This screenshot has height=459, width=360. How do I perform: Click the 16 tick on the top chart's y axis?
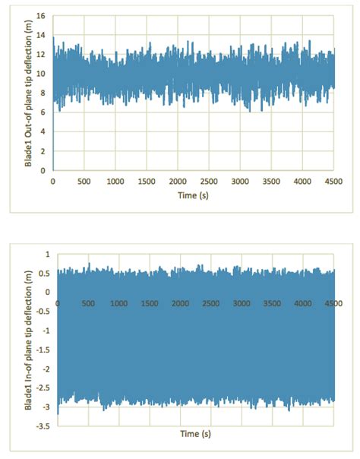[43, 16]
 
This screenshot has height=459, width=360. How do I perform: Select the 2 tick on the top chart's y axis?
[44, 151]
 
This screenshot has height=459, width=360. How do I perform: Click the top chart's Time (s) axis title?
[193, 195]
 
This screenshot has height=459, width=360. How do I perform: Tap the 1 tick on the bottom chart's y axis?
[47, 253]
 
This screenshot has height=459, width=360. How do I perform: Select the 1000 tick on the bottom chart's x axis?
[119, 304]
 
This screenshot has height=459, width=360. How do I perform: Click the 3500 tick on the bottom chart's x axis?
[273, 304]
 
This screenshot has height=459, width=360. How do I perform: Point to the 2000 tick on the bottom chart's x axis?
[181, 304]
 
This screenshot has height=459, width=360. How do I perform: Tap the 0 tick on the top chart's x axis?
[52, 182]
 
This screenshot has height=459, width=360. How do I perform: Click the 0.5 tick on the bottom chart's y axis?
[44, 273]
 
